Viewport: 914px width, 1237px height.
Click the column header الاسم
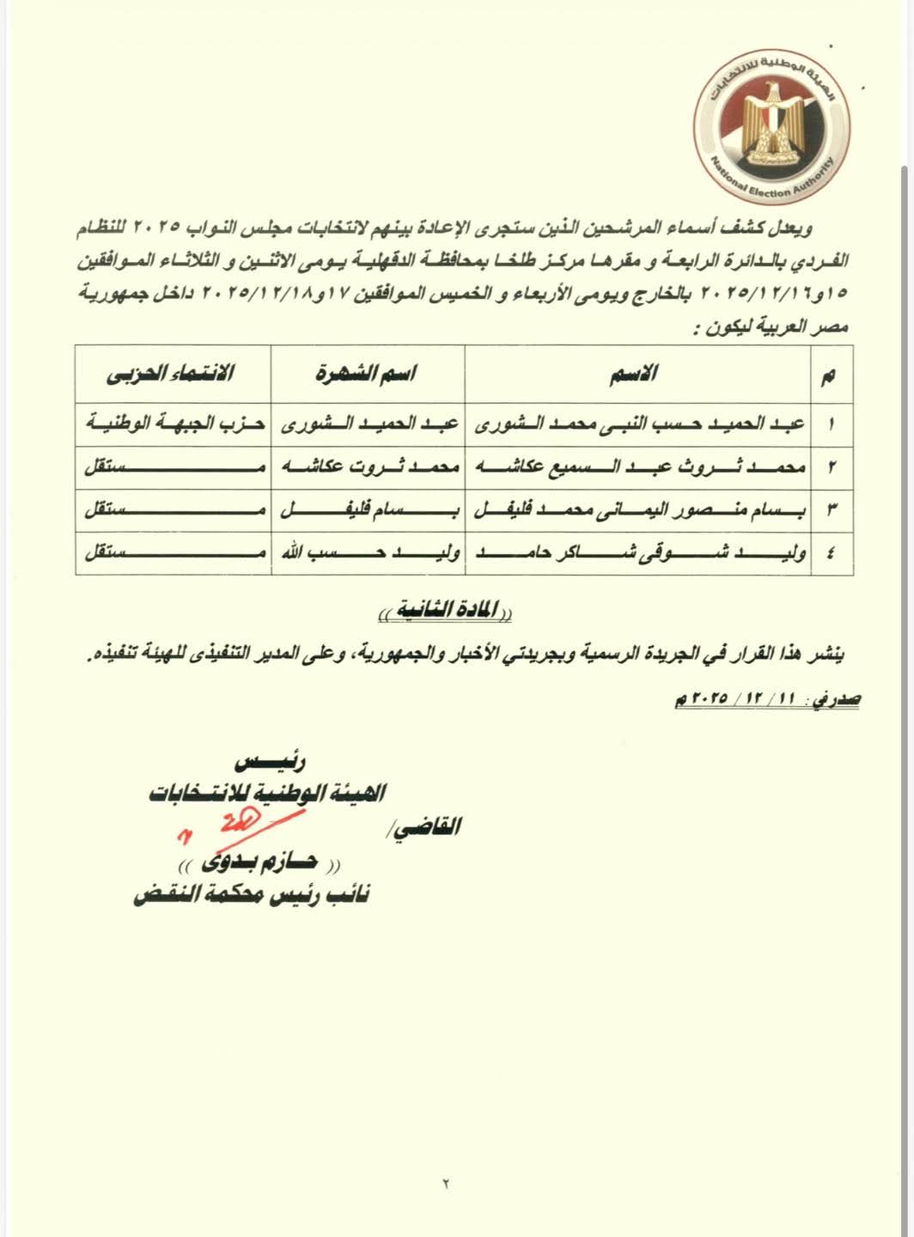pos(638,374)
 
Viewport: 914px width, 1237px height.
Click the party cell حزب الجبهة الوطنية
pos(174,424)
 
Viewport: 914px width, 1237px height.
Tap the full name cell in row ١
pos(638,424)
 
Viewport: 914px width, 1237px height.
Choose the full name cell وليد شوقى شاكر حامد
pos(638,553)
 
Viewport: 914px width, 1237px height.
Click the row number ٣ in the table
pos(830,510)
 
